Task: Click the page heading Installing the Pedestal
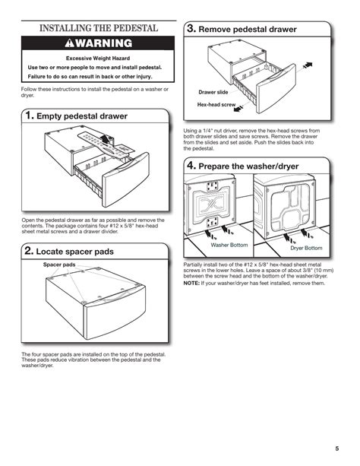[99, 28]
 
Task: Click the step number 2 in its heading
[28, 251]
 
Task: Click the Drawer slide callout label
[213, 92]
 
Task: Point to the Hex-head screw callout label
[216, 104]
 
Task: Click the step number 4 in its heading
[191, 166]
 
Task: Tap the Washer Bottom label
[229, 245]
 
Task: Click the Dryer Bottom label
[306, 248]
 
